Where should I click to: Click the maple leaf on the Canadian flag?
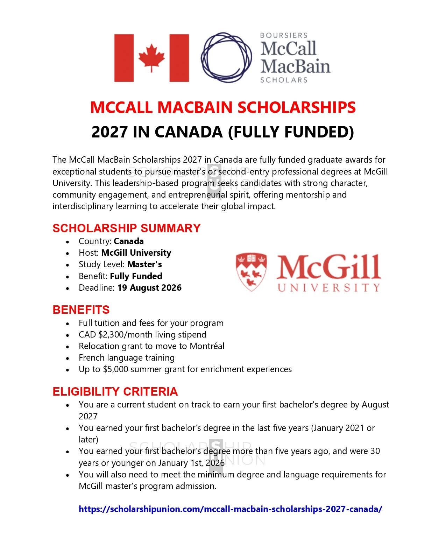coord(151,58)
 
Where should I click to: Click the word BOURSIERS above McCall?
coord(284,35)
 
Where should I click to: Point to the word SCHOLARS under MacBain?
coord(284,80)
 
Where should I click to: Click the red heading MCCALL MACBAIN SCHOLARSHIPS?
coord(223,107)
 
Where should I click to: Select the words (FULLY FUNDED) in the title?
coord(291,132)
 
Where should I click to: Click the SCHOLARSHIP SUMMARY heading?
coord(126,228)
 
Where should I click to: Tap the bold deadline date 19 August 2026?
coord(149,288)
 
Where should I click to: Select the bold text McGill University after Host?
coord(136,253)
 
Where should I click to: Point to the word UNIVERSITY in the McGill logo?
coord(328,288)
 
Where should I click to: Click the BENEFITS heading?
coord(81,310)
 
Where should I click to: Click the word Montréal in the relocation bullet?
coord(207,346)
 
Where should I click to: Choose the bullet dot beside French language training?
coord(68,358)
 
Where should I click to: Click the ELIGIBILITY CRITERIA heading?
coord(115,391)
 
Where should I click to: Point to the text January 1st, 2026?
coord(191,463)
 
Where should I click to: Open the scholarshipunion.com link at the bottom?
coord(231,509)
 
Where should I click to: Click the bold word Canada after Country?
coord(129,241)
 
